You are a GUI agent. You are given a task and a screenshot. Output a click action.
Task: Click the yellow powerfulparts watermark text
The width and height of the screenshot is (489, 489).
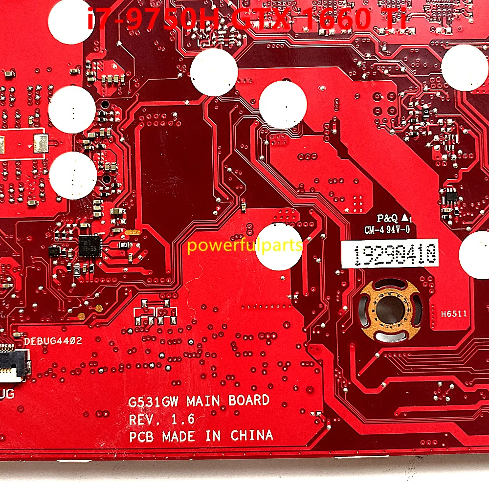[244, 245]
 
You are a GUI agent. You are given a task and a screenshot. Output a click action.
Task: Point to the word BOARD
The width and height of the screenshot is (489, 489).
[248, 400]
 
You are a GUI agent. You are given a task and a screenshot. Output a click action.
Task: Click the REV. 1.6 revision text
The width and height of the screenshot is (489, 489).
[162, 419]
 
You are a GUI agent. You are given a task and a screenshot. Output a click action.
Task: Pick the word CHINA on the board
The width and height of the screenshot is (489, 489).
[251, 435]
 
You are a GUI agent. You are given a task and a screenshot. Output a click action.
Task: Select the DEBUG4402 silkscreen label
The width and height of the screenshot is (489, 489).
[53, 341]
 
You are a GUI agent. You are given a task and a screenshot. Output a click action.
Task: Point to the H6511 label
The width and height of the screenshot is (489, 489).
[454, 314]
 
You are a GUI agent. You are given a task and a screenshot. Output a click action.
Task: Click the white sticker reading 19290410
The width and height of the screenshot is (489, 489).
[389, 254]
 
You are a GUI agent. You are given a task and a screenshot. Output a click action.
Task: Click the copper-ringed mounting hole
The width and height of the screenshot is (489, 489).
[390, 309]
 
